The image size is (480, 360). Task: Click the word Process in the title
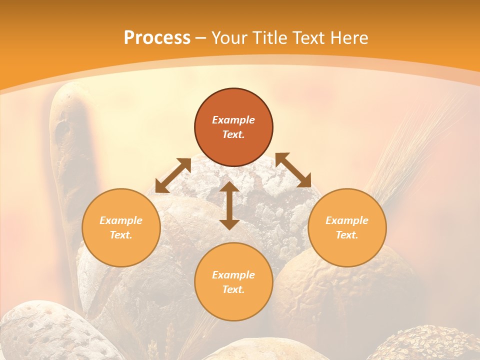tap(157, 38)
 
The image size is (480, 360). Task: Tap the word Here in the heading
tap(347, 38)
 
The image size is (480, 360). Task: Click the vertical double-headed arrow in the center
tap(229, 205)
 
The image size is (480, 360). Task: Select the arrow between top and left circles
tap(173, 175)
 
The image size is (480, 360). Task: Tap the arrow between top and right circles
tap(293, 170)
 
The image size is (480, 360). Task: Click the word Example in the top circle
tap(233, 120)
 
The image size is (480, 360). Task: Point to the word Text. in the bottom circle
tap(233, 289)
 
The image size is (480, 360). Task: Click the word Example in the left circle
tap(121, 220)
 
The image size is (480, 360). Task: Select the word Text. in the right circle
tap(347, 235)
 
